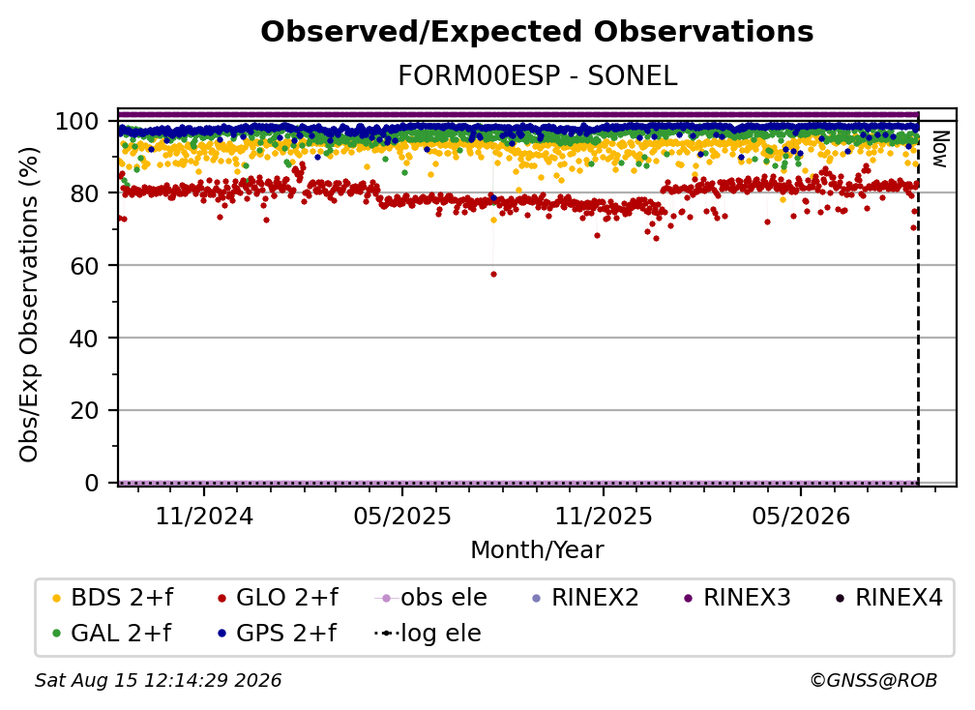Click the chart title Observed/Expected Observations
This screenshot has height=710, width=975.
537,32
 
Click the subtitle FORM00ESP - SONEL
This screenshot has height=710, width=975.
537,76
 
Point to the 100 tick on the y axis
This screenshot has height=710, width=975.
77,121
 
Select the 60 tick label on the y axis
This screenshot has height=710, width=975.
84,266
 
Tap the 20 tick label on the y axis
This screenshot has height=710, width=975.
84,411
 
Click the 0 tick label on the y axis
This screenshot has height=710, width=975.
92,483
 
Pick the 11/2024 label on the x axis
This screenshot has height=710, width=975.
204,516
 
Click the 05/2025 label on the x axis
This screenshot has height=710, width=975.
402,516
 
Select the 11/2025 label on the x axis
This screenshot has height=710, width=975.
604,516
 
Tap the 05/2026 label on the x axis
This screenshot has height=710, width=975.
801,516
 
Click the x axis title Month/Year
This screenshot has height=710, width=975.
537,550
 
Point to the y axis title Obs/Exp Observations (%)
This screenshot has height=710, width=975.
29,305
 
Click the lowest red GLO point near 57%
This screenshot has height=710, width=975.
493,274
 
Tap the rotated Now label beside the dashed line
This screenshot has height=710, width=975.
939,149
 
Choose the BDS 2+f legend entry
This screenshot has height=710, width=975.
112,598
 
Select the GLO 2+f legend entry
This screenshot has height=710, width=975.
278,598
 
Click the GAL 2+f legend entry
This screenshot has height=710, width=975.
112,634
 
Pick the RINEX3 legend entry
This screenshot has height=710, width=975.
737,598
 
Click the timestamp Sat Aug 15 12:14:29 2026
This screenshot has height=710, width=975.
158,681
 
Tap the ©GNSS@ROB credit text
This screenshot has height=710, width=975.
873,681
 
